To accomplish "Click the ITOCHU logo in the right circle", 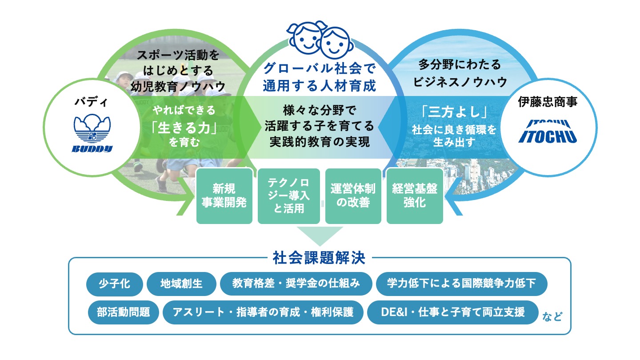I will pyautogui.click(x=547, y=131).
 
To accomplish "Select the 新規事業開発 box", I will pyautogui.click(x=224, y=196).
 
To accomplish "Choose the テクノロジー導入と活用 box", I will pyautogui.click(x=288, y=196).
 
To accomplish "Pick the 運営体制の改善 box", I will pyautogui.click(x=353, y=196).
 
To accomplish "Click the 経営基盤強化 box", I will pyautogui.click(x=415, y=196).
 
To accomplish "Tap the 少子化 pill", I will pyautogui.click(x=115, y=284).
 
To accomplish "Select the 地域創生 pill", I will pyautogui.click(x=181, y=284).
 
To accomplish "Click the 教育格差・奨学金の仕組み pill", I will pyautogui.click(x=296, y=284).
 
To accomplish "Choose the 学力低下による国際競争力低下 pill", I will pyautogui.click(x=461, y=284).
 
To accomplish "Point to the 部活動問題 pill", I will pyautogui.click(x=123, y=312).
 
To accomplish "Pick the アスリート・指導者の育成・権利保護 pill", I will pyautogui.click(x=263, y=312).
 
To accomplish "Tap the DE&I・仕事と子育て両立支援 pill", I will pyautogui.click(x=452, y=312).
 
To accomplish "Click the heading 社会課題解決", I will pyautogui.click(x=319, y=258).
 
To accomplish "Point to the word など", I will pyautogui.click(x=552, y=316).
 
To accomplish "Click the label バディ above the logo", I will pyautogui.click(x=92, y=104).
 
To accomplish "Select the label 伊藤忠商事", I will pyautogui.click(x=547, y=102).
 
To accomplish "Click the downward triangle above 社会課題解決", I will pyautogui.click(x=320, y=235).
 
